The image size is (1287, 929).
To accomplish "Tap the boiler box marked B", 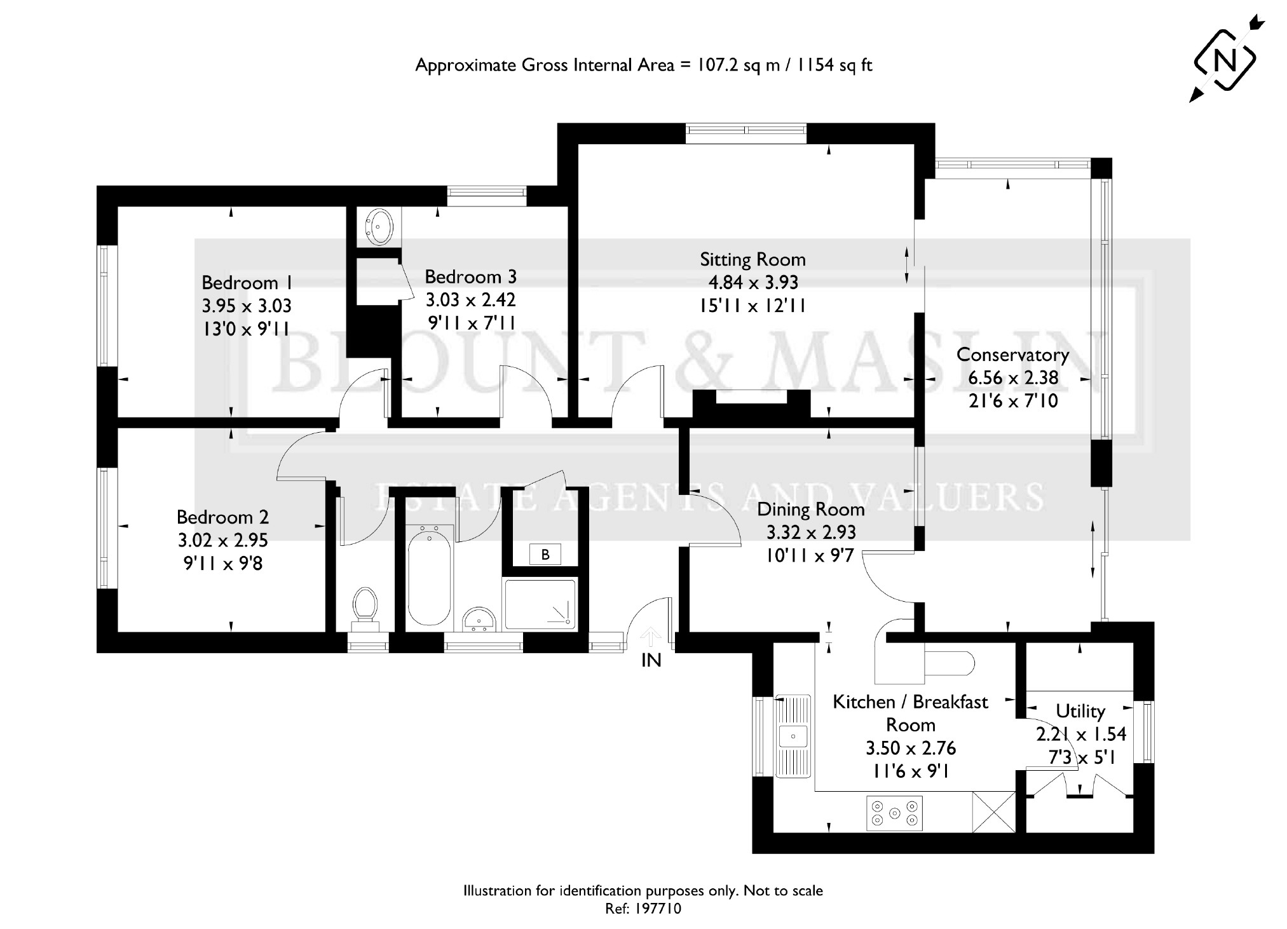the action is (545, 555).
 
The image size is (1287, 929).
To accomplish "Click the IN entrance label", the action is (651, 661).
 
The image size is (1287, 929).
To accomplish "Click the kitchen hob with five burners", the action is (894, 813).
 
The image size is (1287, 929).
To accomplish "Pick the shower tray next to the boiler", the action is (540, 604).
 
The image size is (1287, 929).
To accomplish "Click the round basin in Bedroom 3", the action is (381, 227).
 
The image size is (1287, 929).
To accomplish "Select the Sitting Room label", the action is (752, 260).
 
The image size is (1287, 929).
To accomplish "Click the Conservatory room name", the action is (1012, 355).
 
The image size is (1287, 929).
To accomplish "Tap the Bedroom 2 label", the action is (222, 517).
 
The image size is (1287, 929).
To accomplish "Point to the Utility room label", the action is (1080, 710).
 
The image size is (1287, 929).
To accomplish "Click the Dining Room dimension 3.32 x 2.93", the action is (811, 532).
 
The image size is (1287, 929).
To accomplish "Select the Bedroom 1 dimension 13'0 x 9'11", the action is (246, 329).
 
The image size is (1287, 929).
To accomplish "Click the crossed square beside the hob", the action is (994, 811).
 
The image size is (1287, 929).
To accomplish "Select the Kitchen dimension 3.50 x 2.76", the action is (911, 748).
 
